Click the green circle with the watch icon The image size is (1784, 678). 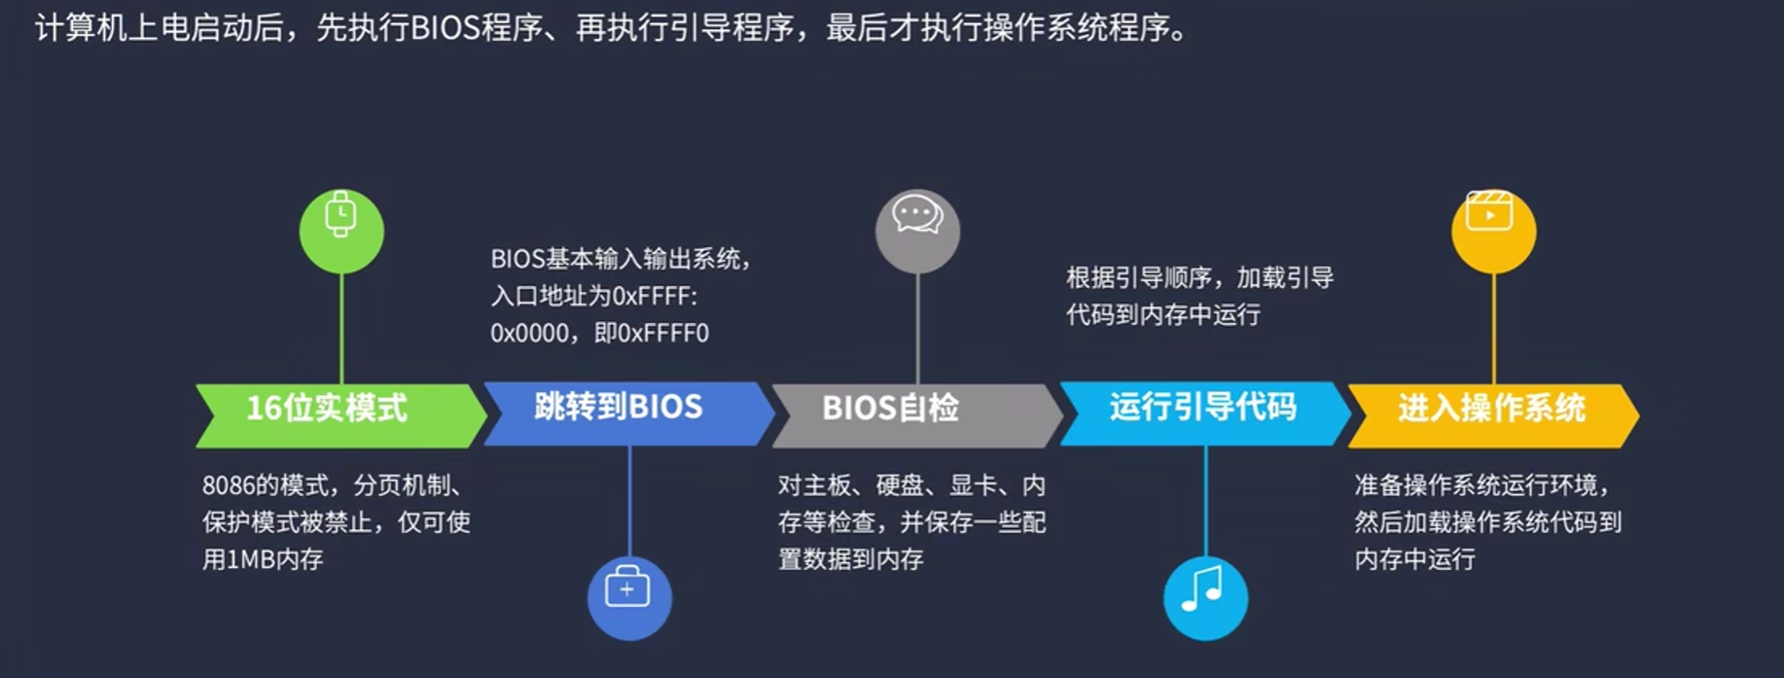click(341, 231)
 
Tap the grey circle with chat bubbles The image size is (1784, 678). click(917, 231)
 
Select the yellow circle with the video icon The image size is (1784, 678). click(1493, 231)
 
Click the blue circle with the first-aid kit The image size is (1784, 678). click(629, 597)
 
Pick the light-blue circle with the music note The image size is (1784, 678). click(1205, 597)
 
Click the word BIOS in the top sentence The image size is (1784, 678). click(445, 28)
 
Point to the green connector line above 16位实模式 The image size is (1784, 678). click(341, 329)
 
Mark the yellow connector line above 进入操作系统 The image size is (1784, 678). click(1493, 329)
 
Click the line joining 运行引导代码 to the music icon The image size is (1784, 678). click(1205, 500)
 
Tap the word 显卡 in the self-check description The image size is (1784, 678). click(973, 485)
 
